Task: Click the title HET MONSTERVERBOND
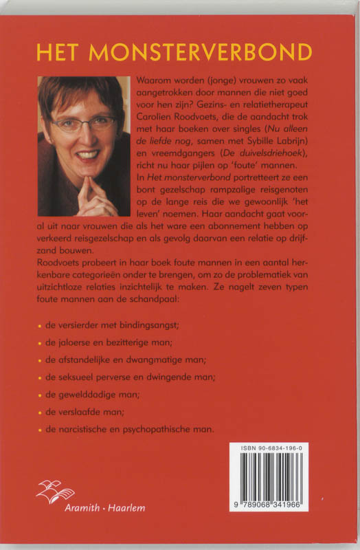(x=175, y=52)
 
